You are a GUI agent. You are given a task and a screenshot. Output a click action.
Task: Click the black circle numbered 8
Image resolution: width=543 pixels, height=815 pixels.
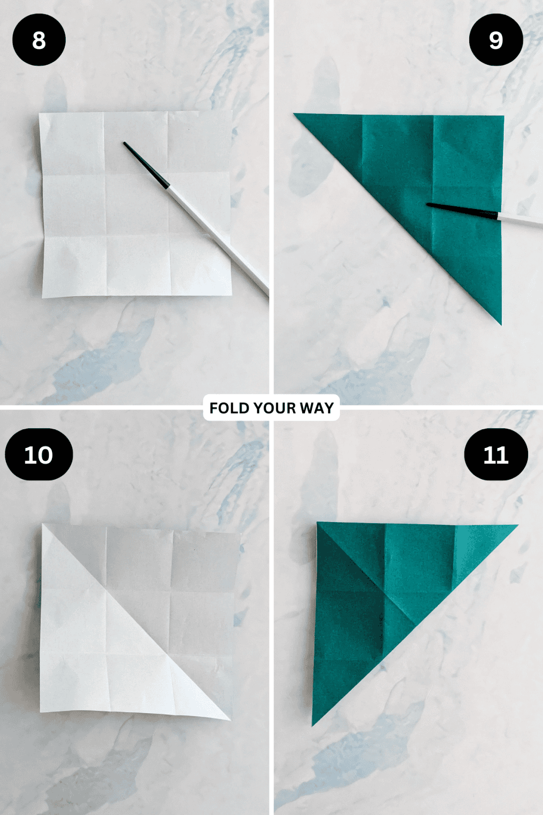tap(39, 40)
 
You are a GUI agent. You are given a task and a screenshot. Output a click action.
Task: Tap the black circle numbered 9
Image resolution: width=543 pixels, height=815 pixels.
tap(496, 40)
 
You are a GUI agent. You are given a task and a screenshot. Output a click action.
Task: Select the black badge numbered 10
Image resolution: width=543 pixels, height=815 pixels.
tap(39, 455)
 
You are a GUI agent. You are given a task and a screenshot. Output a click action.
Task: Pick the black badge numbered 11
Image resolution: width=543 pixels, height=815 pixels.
tap(496, 455)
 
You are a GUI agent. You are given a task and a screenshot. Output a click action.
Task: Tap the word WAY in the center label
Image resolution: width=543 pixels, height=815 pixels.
tap(317, 408)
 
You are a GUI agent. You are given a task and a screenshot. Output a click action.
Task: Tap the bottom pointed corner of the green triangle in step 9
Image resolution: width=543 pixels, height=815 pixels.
tap(500, 323)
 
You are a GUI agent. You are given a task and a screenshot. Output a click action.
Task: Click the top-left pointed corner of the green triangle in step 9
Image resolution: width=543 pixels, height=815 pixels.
tap(296, 115)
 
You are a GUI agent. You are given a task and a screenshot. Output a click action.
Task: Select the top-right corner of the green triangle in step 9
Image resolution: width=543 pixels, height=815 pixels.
tap(503, 117)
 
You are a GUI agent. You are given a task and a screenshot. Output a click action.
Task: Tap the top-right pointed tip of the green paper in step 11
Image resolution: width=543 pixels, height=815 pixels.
tap(515, 526)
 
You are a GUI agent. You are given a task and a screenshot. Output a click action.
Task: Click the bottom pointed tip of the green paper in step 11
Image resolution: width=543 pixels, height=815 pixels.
tap(313, 724)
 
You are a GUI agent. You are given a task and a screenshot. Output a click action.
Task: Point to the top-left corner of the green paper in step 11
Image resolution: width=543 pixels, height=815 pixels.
tap(318, 523)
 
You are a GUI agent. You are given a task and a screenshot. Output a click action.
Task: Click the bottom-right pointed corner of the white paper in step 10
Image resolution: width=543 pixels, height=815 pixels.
tap(229, 719)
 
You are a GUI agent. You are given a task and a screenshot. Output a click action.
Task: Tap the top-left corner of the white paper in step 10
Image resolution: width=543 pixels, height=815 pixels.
tap(43, 525)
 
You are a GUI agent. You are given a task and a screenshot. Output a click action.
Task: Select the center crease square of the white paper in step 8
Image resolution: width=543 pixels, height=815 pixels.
tap(137, 204)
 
